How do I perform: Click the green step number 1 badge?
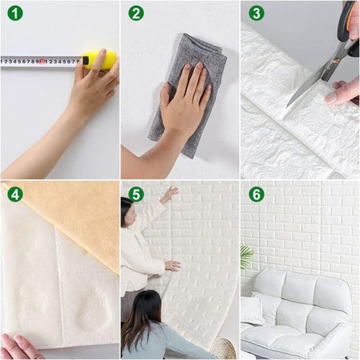[15, 13]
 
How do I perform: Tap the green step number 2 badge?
[136, 13]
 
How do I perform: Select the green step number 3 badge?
[257, 13]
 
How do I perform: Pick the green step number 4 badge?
[15, 194]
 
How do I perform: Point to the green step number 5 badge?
[136, 194]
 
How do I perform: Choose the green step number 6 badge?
[257, 194]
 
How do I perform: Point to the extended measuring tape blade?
[40, 62]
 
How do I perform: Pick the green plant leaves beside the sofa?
[246, 256]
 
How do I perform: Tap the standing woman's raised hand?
[170, 193]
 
